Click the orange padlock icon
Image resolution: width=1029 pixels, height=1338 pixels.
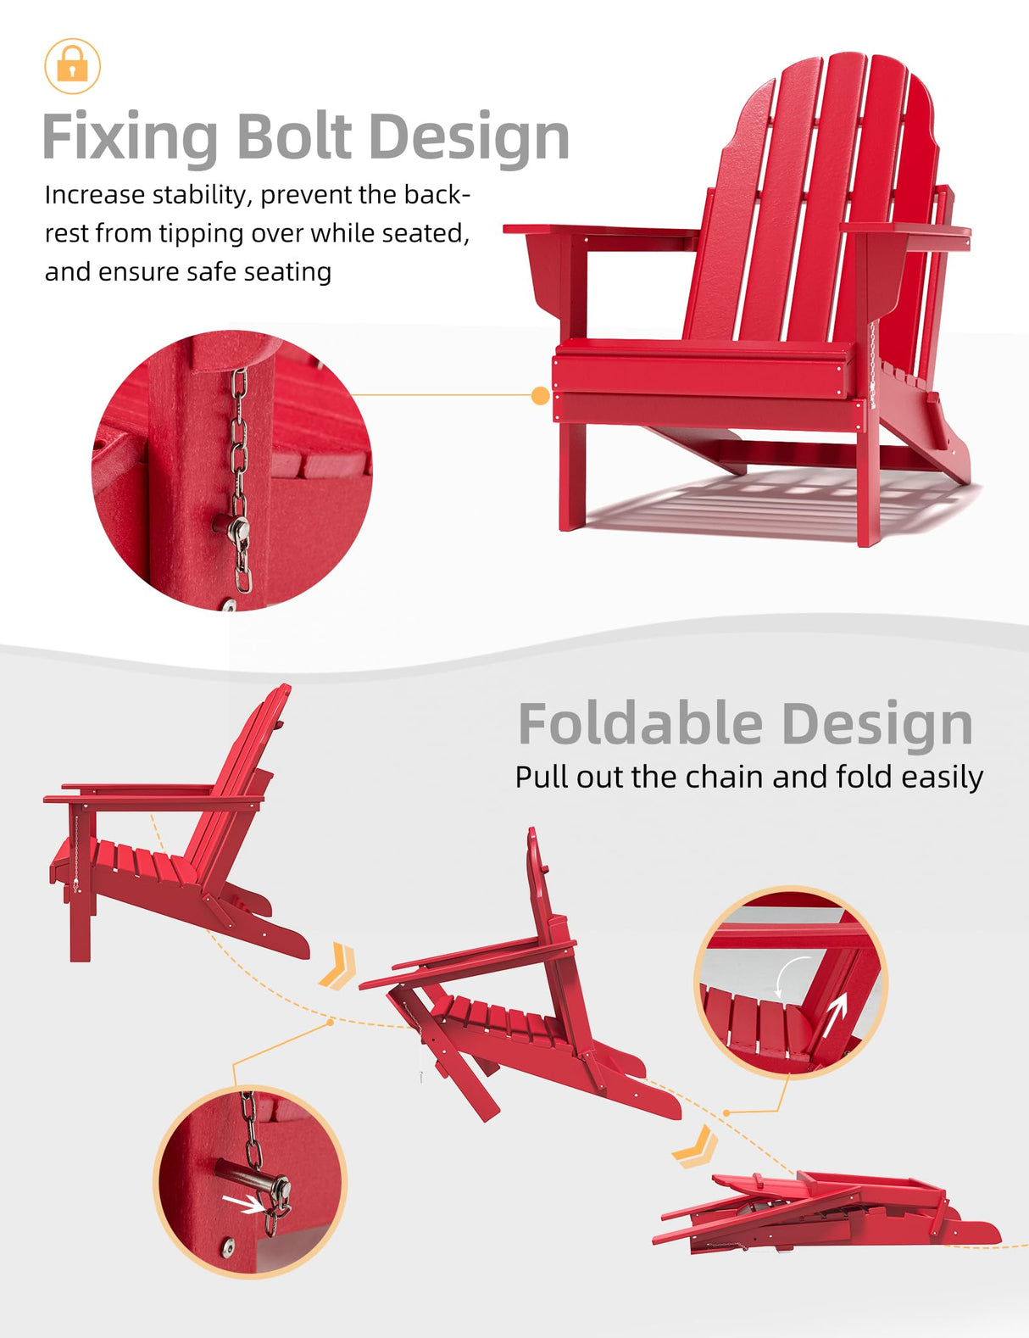pos(72,65)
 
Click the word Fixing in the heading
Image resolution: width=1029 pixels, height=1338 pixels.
pos(130,137)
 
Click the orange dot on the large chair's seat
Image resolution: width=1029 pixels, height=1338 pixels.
pos(540,395)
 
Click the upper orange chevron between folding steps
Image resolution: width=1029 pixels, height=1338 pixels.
pos(339,966)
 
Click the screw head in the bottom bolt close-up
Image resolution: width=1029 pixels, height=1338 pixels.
pos(228,1246)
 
